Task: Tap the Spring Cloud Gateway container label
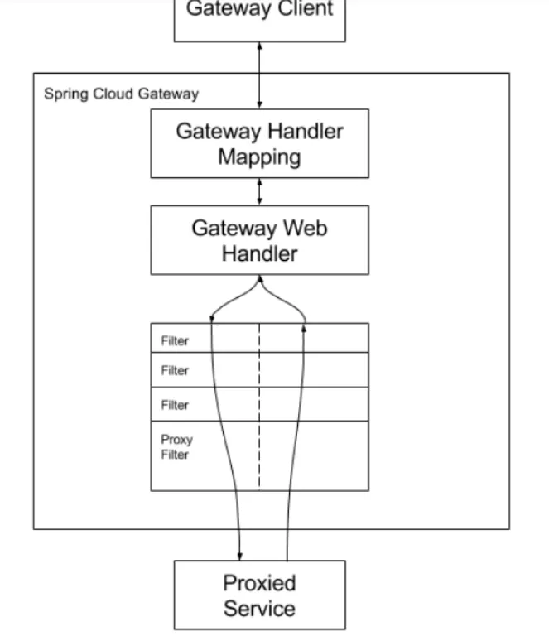pyautogui.click(x=121, y=94)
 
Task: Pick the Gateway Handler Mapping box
pyautogui.click(x=259, y=143)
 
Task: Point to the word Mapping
pyautogui.click(x=259, y=157)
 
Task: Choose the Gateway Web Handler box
pyautogui.click(x=259, y=239)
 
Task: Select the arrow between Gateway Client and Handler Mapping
pyautogui.click(x=260, y=75)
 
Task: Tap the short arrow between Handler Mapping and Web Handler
pyautogui.click(x=260, y=191)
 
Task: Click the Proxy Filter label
pyautogui.click(x=176, y=447)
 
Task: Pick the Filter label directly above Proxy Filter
pyautogui.click(x=175, y=405)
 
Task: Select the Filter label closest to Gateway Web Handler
pyautogui.click(x=175, y=340)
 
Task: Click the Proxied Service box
pyautogui.click(x=259, y=595)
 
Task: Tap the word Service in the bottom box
pyautogui.click(x=259, y=609)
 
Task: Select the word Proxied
pyautogui.click(x=259, y=583)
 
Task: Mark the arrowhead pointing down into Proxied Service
pyautogui.click(x=240, y=556)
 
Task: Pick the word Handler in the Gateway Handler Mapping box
pyautogui.click(x=306, y=131)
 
